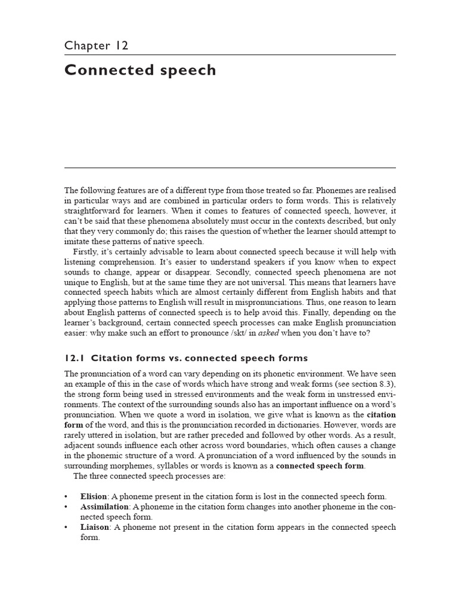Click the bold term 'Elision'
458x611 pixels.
(x=94, y=496)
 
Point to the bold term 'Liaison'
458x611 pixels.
(x=95, y=527)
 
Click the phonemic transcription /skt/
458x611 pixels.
(x=252, y=333)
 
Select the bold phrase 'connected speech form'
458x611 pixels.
(x=320, y=465)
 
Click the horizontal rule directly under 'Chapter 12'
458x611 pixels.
(x=230, y=55)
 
